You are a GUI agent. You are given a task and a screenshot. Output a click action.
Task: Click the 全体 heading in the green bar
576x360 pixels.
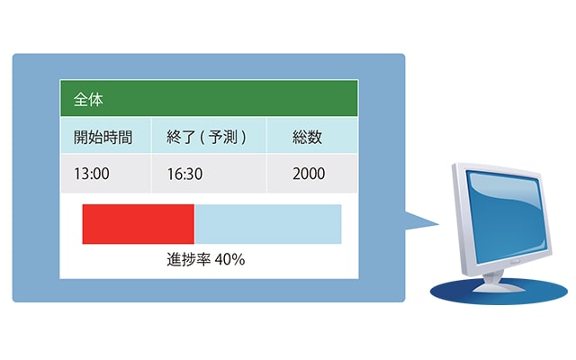point(88,99)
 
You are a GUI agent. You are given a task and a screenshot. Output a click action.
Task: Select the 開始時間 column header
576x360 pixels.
point(103,137)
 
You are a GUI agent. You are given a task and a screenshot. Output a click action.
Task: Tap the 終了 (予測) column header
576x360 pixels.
point(206,137)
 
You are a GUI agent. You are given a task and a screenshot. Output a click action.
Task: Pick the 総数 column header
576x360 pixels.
point(308,137)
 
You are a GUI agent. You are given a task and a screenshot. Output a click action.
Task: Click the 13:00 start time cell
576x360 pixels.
point(92,174)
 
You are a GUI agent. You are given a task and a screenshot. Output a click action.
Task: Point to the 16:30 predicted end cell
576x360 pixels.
point(184,174)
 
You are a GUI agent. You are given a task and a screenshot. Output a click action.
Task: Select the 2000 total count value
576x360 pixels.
point(309,174)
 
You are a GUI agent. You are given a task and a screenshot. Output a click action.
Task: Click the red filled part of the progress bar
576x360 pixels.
point(138,224)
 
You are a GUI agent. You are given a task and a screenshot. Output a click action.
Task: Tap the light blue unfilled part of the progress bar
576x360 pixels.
point(268,224)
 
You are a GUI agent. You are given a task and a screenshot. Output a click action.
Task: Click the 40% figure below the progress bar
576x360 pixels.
point(230,259)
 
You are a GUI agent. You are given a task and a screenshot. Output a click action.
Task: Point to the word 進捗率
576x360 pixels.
point(188,259)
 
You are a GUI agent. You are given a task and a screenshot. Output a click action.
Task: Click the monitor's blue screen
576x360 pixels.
point(507,217)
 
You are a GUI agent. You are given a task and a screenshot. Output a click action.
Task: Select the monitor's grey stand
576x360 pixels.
point(497,282)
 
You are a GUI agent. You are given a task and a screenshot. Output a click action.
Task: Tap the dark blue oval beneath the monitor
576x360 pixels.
point(499,291)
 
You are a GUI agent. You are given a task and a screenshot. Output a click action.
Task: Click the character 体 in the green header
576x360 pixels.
point(96,99)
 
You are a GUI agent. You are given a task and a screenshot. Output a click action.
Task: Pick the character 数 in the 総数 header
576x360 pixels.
point(315,137)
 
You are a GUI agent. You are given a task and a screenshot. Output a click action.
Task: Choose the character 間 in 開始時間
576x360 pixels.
point(125,137)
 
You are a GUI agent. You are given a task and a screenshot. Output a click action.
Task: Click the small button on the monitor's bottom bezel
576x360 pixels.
point(514,261)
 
